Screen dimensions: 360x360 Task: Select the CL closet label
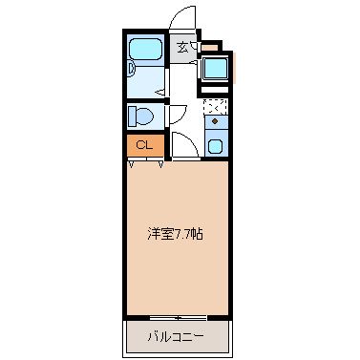(x=144, y=145)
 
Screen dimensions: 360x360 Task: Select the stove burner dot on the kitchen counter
(x=215, y=122)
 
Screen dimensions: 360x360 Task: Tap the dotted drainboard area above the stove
(x=215, y=106)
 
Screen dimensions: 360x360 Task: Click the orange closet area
(x=144, y=146)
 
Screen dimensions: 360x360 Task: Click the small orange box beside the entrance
(x=208, y=45)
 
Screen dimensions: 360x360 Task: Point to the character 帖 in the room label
(x=197, y=234)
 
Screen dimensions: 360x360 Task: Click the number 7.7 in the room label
(x=180, y=234)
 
